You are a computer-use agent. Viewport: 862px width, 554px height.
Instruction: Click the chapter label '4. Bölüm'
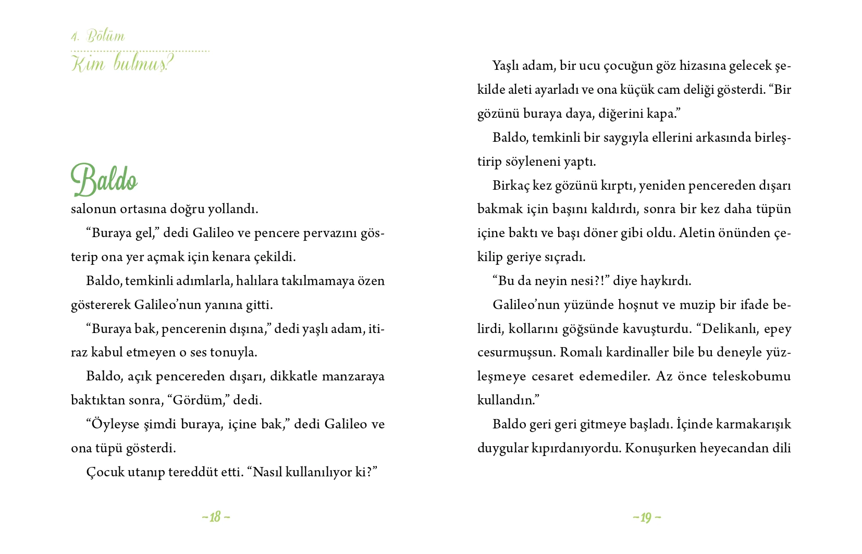tap(98, 36)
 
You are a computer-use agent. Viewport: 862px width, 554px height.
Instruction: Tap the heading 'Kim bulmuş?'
tap(121, 65)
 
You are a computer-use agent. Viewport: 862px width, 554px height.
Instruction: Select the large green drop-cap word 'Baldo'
tap(104, 180)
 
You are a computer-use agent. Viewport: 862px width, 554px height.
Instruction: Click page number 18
tap(216, 517)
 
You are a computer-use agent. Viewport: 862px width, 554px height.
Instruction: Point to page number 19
tap(647, 518)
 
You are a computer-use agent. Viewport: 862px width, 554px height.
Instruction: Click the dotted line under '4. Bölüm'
tap(140, 51)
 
